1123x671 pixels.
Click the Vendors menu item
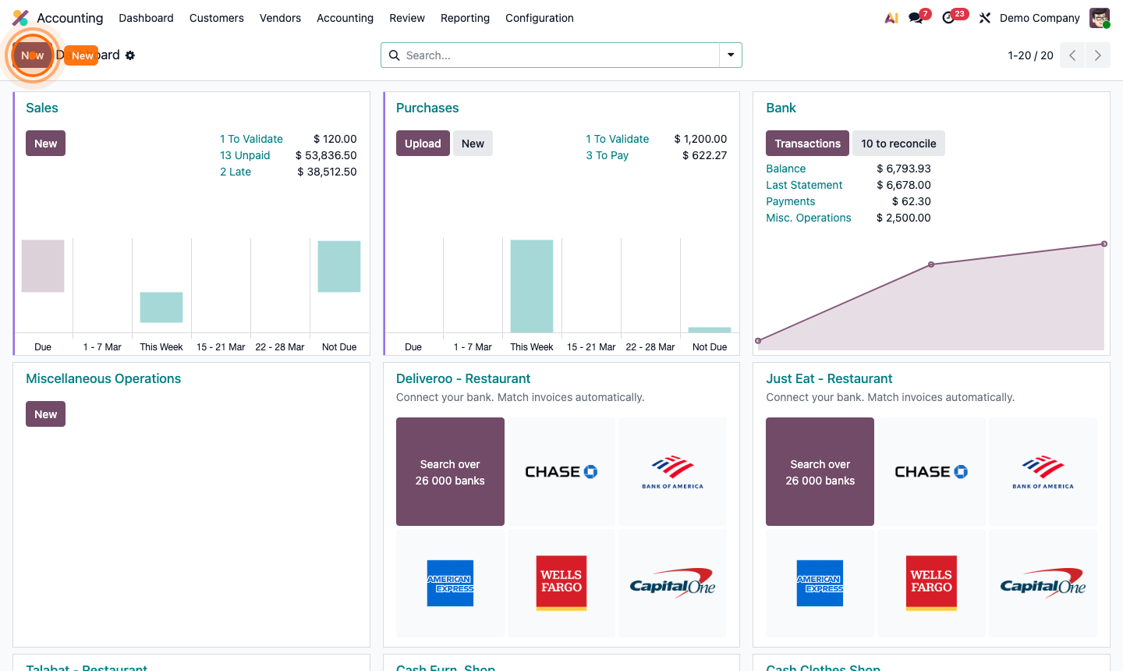[x=280, y=18]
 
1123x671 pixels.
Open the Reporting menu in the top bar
[x=465, y=18]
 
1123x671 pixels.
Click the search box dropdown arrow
[x=731, y=55]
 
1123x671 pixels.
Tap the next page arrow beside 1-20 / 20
[x=1098, y=55]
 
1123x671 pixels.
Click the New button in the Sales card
[x=45, y=144]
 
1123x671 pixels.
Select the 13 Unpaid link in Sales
[x=245, y=155]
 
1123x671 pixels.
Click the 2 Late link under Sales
[x=236, y=172]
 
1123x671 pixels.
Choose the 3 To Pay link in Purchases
[x=607, y=155]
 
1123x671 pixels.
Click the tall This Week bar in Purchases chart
[x=532, y=286]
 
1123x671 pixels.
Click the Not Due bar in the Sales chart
[x=339, y=266]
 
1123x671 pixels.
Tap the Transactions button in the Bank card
[x=807, y=144]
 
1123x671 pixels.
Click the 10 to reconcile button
[x=898, y=144]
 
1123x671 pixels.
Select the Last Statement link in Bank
[x=804, y=185]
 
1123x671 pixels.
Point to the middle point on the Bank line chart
[x=931, y=264]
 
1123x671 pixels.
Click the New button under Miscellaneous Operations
[x=45, y=414]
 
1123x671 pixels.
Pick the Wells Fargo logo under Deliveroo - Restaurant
[x=561, y=583]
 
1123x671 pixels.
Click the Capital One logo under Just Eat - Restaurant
[x=1043, y=583]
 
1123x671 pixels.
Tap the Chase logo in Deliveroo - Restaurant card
[x=561, y=472]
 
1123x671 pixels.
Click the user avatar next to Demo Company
[x=1100, y=18]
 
